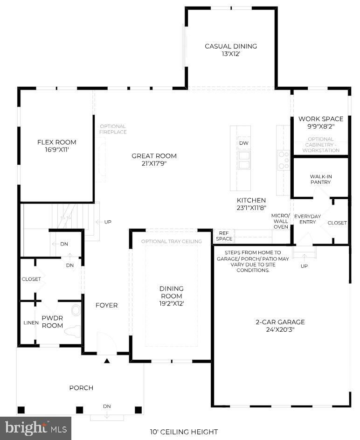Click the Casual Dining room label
(231, 46)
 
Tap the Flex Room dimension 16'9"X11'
(56, 150)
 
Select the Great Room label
(154, 156)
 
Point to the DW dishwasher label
(244, 143)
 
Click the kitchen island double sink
(243, 160)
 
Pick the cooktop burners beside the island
(284, 160)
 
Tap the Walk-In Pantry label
(321, 179)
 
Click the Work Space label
(321, 119)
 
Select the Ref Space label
(224, 236)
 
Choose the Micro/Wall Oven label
(280, 221)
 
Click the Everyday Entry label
(308, 219)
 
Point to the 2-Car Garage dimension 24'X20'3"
(280, 329)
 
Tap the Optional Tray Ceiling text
(171, 241)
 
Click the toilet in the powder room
(73, 330)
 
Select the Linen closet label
(31, 323)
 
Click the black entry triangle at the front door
(106, 361)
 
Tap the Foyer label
(106, 305)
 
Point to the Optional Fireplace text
(113, 129)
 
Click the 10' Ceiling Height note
(184, 432)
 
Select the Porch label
(81, 388)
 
